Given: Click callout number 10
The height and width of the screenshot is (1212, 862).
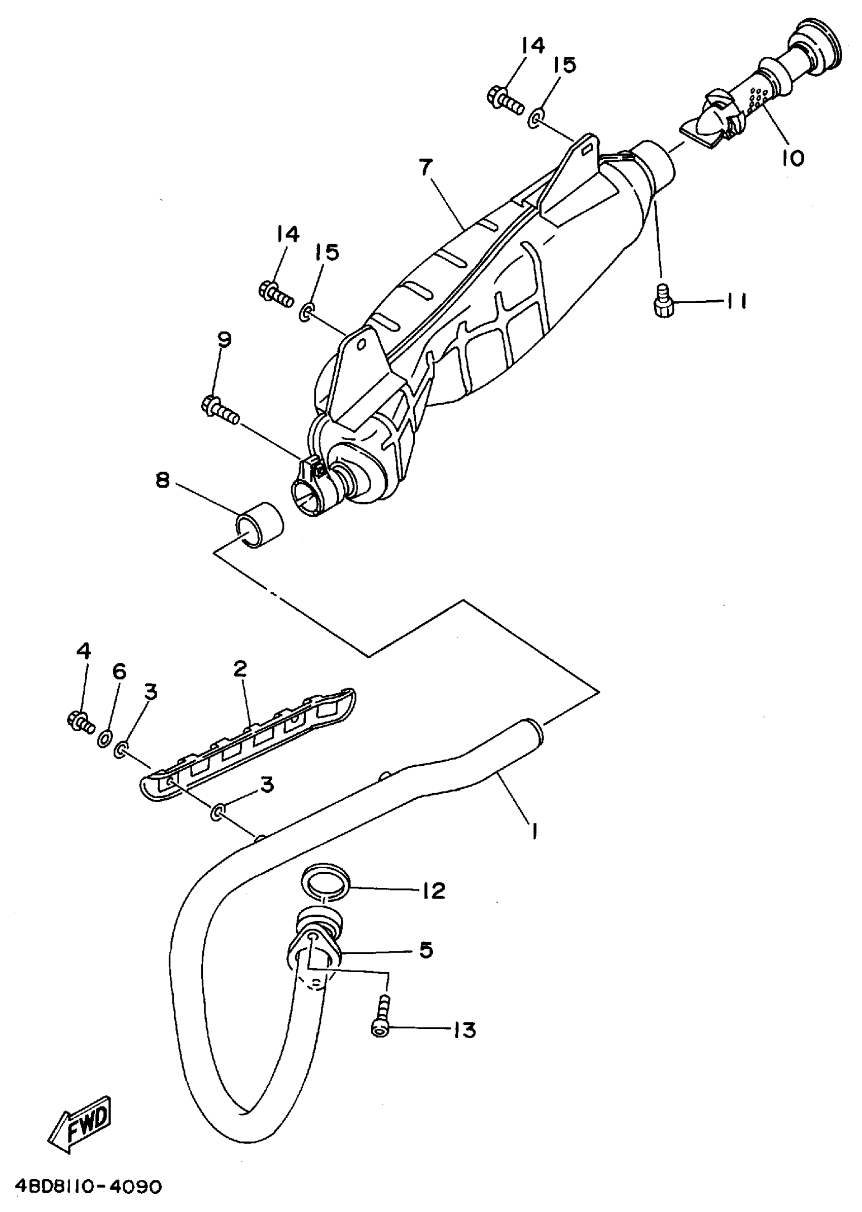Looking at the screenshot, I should (x=793, y=158).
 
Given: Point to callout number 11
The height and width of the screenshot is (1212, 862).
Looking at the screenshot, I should (x=736, y=302).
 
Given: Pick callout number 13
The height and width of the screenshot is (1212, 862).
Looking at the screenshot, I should (x=464, y=1030).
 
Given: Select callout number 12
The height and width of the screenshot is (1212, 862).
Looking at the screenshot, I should (x=434, y=890).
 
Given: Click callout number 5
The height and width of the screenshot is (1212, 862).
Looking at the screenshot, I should (x=426, y=950).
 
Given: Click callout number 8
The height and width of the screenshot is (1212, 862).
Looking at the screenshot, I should (x=162, y=480).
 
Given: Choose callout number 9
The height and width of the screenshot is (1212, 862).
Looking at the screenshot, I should (x=225, y=339).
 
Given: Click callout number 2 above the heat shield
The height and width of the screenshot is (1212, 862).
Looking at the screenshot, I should (x=240, y=669).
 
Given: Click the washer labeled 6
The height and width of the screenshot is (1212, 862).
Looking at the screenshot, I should (x=104, y=738).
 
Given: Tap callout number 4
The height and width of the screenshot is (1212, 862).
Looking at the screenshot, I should (x=84, y=651).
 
